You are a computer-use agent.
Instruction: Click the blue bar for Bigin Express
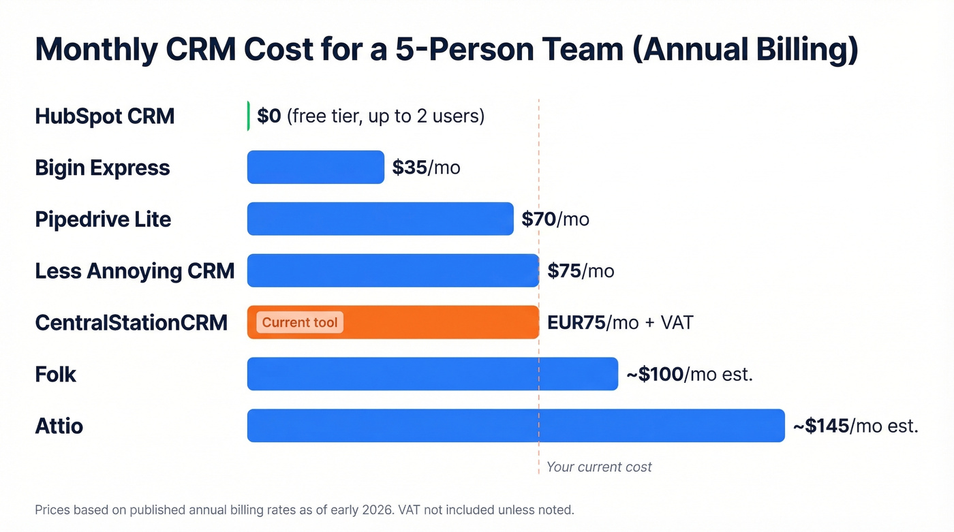316,168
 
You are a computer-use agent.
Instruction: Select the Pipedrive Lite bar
380,219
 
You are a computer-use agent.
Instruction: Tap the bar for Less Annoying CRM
393,271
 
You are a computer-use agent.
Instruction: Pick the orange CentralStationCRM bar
436,323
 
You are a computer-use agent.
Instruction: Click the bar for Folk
432,374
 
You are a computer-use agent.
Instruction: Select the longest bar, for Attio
516,426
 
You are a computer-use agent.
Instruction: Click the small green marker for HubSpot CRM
249,116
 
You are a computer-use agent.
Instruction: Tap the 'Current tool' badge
300,323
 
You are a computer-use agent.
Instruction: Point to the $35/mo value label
426,168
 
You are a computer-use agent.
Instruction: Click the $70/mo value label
555,219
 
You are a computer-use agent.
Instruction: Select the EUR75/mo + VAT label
620,323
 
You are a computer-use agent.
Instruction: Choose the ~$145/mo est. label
855,426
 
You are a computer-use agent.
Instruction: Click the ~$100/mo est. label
689,375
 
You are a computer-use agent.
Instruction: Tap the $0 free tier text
371,116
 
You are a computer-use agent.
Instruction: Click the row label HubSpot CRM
105,116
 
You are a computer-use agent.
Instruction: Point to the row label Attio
59,426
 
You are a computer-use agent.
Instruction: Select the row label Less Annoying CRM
135,271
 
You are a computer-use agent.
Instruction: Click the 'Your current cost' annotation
599,467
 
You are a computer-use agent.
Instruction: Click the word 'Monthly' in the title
96,50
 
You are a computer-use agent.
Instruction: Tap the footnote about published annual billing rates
305,510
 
